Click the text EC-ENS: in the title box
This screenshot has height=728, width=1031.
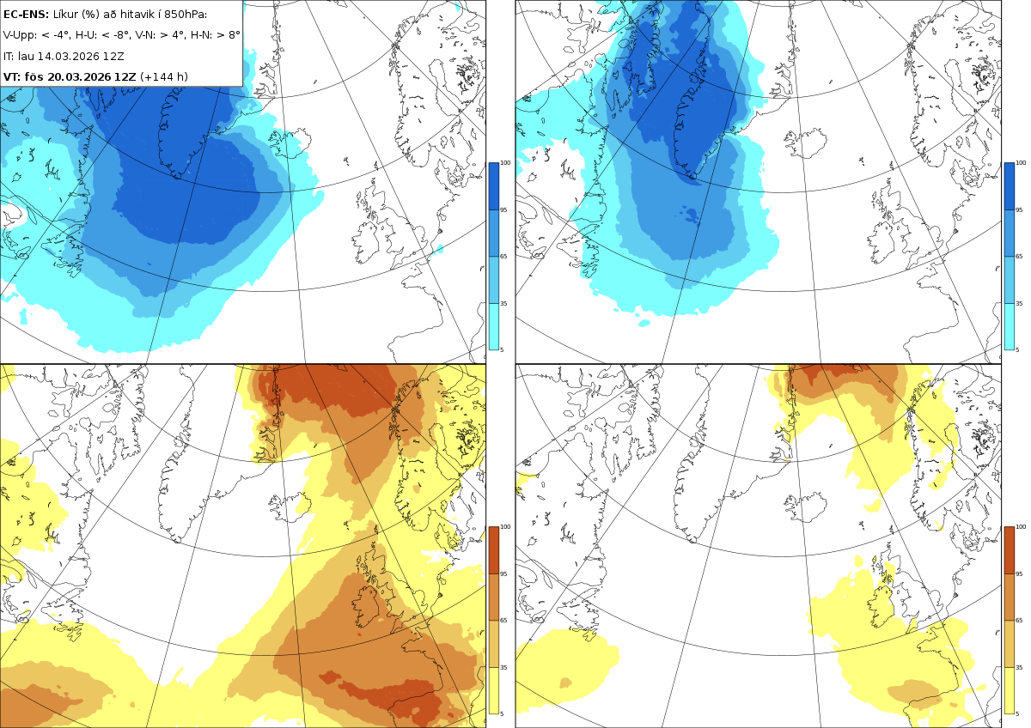[26, 15]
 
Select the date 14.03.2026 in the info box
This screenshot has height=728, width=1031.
[68, 56]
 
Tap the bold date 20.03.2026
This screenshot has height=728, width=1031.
[80, 76]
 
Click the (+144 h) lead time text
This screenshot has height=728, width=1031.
[164, 76]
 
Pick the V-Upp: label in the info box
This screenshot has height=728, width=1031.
[19, 35]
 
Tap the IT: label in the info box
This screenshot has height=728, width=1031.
[9, 56]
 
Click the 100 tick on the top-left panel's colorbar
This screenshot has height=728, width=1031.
[505, 163]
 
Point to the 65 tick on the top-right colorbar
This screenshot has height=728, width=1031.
[1019, 256]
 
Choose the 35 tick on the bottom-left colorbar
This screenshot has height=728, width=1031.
[503, 667]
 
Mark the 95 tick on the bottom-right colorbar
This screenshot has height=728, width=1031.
[1019, 574]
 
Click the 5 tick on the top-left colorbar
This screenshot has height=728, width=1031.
[502, 349]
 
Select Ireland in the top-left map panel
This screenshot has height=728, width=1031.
[365, 243]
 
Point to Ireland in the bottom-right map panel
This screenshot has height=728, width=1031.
[882, 607]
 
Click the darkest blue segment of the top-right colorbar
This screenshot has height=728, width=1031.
[1009, 186]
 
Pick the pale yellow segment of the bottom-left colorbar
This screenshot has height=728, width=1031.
[493, 691]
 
